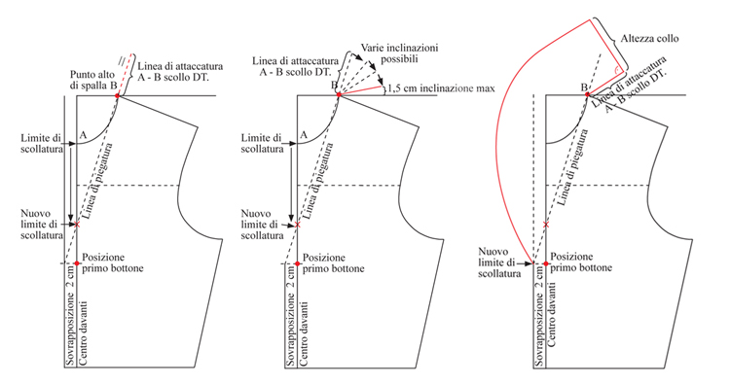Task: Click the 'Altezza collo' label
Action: (x=649, y=39)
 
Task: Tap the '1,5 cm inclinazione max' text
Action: (x=441, y=87)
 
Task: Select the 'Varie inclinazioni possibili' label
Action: (x=399, y=53)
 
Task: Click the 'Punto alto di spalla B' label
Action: (x=93, y=80)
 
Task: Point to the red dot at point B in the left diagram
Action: (x=118, y=96)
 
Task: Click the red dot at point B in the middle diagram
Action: (x=339, y=95)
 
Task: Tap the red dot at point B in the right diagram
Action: (x=588, y=95)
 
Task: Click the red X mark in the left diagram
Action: (x=77, y=225)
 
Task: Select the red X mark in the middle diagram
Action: (x=298, y=225)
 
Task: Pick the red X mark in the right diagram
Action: (x=546, y=225)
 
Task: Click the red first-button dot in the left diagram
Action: (x=77, y=263)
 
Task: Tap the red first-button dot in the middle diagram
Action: (x=298, y=263)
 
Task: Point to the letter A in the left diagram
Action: (x=83, y=135)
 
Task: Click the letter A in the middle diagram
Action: (x=304, y=135)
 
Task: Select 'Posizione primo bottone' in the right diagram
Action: (x=580, y=262)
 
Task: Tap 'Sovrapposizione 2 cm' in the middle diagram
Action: (x=291, y=315)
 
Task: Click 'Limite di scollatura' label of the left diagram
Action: (x=42, y=143)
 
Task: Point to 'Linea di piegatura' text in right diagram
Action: (x=573, y=167)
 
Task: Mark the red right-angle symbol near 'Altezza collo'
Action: (x=616, y=71)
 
